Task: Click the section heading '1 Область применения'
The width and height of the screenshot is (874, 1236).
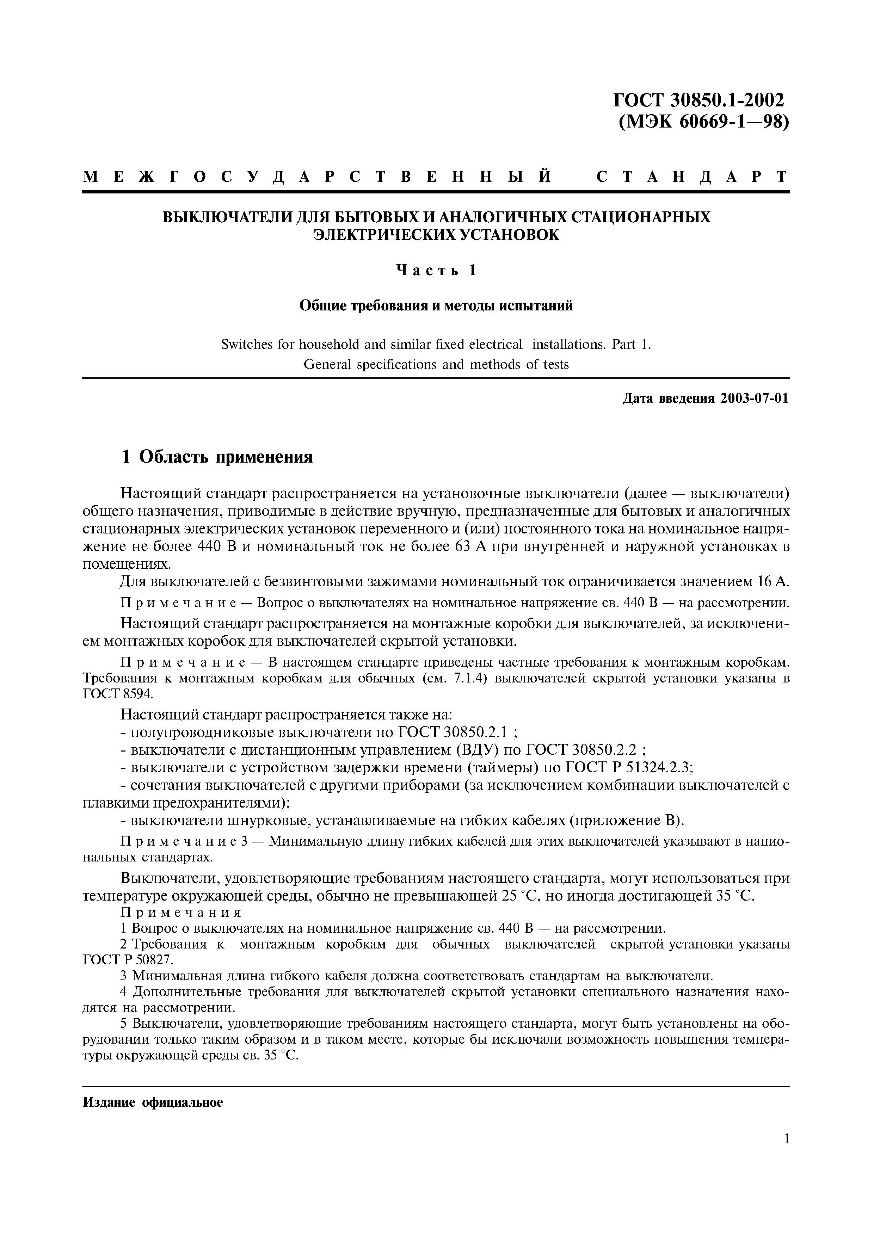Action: tap(217, 457)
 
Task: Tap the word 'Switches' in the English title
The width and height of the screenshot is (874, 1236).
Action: tap(246, 345)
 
